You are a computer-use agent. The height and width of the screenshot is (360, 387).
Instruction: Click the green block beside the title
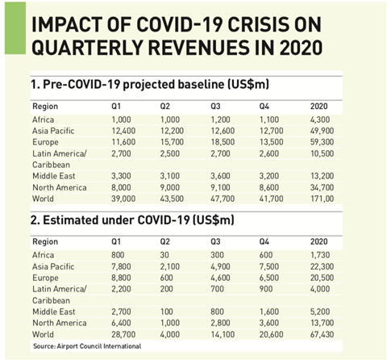15,28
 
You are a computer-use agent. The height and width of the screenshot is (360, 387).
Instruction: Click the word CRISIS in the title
260,25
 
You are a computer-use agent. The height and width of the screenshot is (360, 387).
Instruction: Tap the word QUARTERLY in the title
87,48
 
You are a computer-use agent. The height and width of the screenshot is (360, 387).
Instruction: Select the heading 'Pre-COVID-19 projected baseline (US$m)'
156,85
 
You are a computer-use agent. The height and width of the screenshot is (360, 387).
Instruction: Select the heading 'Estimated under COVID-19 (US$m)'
139,220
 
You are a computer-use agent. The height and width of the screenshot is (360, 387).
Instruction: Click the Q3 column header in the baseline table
215,107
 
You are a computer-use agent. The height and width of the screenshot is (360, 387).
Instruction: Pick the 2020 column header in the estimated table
319,241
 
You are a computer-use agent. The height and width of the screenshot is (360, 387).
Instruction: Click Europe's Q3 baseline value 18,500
223,142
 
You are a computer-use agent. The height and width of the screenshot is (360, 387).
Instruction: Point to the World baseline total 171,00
322,199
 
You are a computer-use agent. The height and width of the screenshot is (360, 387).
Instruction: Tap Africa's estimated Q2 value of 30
164,255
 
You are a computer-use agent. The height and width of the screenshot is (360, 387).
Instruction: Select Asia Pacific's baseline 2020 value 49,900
322,131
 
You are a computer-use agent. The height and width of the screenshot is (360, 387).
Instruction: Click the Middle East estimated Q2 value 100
166,312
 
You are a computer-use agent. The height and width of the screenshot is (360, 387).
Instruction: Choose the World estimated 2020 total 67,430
322,334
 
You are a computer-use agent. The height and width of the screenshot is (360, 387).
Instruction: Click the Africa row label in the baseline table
44,119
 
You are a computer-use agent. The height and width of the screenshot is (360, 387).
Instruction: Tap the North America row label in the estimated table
60,323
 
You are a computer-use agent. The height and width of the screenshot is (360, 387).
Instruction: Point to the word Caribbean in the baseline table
51,165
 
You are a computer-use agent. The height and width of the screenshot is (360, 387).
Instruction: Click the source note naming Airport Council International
87,346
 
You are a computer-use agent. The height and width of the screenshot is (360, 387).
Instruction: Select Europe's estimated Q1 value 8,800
121,278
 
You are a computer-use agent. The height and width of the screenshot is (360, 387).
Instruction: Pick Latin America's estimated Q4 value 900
266,289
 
